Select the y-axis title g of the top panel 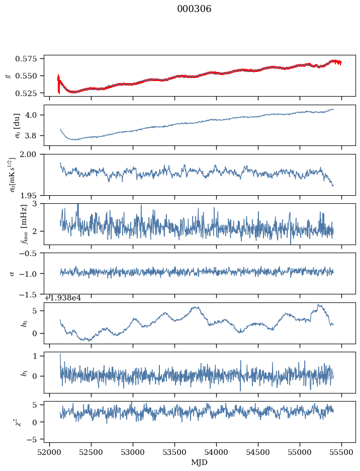pos(8,75)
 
